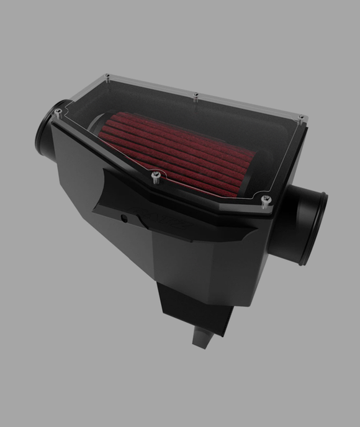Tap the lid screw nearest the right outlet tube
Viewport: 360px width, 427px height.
coord(267,199)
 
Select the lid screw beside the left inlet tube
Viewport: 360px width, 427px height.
coord(58,112)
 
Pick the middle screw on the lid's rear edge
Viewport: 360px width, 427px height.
coord(196,96)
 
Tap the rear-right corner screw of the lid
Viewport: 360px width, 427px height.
coord(301,117)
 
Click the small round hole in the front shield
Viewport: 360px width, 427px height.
coord(124,218)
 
